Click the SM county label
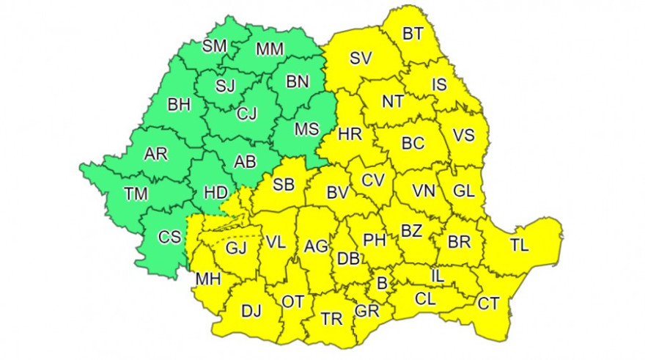coord(215,46)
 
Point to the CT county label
coord(489,302)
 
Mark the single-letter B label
coord(381,282)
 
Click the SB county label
coord(284,185)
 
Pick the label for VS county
coord(463,135)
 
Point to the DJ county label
coord(251,311)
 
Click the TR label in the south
coord(331,318)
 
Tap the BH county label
coord(179,104)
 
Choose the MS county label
coord(306,129)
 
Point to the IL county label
coord(438,276)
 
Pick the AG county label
coord(316,245)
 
